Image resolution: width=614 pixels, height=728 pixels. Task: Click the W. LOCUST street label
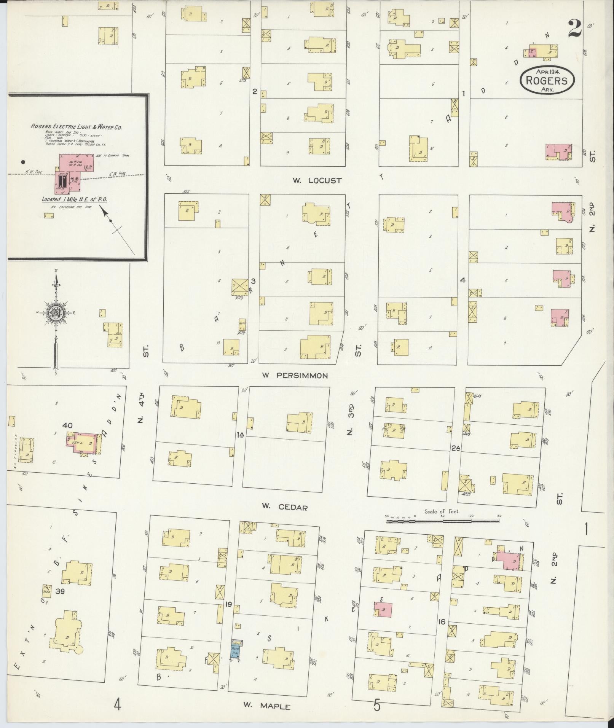(x=317, y=180)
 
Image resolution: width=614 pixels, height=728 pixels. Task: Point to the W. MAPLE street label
(x=266, y=706)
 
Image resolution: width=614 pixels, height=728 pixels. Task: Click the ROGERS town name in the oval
(x=547, y=81)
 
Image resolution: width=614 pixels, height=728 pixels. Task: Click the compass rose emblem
(x=56, y=313)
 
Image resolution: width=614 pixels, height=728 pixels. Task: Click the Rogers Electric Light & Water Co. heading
(x=76, y=127)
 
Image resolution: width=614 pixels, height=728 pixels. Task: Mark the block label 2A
(x=455, y=449)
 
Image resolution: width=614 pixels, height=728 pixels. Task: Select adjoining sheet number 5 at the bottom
(x=376, y=705)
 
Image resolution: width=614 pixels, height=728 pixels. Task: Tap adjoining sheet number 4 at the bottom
(x=117, y=705)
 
